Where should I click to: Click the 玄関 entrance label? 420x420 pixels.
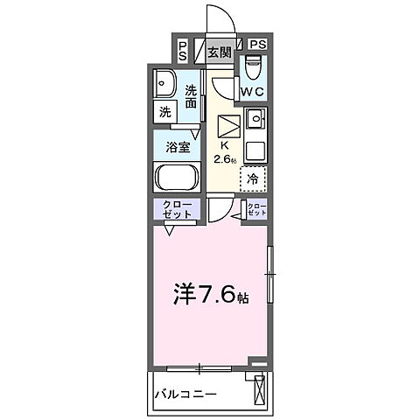(220, 50)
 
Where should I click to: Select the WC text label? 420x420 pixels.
(254, 89)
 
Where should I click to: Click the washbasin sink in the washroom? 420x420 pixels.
(165, 84)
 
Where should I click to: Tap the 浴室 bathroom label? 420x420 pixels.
(178, 147)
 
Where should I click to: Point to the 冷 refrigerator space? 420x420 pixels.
(252, 178)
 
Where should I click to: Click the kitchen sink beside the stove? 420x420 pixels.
(255, 118)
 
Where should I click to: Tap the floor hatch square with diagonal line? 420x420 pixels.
(228, 124)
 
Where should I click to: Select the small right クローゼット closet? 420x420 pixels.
(255, 210)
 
